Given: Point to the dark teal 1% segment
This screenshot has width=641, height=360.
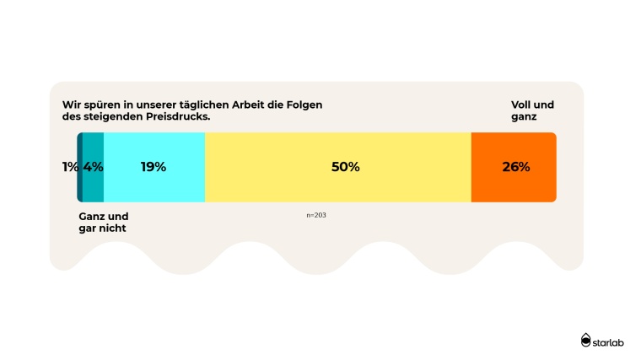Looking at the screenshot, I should click(79, 187).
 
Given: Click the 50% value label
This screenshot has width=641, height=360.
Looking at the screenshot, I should click(345, 167).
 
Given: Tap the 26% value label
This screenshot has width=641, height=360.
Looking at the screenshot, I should click(515, 167).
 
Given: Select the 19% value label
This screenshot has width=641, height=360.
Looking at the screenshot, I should click(153, 167).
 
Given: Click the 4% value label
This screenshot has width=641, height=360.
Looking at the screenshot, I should click(93, 167).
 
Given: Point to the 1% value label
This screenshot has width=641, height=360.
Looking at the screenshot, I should click(70, 167).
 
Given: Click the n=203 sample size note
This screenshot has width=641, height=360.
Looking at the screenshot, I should click(316, 215).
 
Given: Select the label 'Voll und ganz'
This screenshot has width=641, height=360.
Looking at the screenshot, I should click(532, 110).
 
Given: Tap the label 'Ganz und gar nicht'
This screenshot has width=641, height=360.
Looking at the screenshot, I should click(97, 223).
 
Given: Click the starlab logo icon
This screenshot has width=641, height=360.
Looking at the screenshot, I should click(586, 340).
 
